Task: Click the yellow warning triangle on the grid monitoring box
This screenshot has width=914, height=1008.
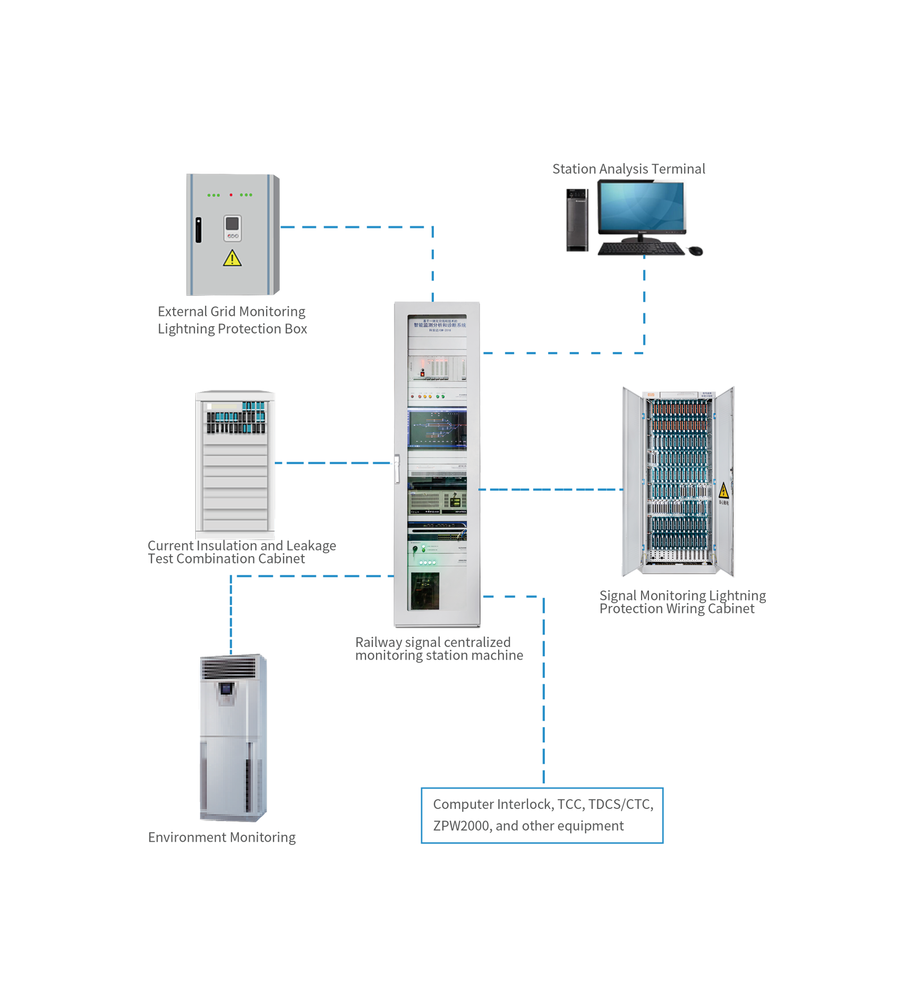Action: tap(232, 259)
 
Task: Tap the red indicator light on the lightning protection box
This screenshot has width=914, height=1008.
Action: tap(231, 195)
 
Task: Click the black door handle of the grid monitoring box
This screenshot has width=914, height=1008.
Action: tap(199, 229)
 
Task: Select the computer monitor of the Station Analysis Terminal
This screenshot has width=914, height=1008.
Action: tap(641, 207)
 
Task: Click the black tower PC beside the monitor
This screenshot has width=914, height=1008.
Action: tap(577, 220)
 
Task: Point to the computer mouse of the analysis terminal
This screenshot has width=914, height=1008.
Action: tap(695, 250)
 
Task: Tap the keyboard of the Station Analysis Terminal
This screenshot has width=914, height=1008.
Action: tap(642, 249)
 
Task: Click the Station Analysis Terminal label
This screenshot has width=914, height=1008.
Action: tap(628, 169)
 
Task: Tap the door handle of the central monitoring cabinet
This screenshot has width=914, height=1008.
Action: tap(397, 469)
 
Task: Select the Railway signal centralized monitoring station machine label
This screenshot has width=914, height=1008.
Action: tap(439, 648)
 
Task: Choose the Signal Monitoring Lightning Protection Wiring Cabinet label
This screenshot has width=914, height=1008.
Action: tap(682, 602)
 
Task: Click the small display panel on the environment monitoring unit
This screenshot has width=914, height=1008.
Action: tap(226, 689)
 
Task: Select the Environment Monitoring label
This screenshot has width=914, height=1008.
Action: tap(221, 838)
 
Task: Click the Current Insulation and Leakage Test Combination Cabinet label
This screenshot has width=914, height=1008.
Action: tap(242, 552)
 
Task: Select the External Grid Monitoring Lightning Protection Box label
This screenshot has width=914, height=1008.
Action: tap(232, 320)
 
